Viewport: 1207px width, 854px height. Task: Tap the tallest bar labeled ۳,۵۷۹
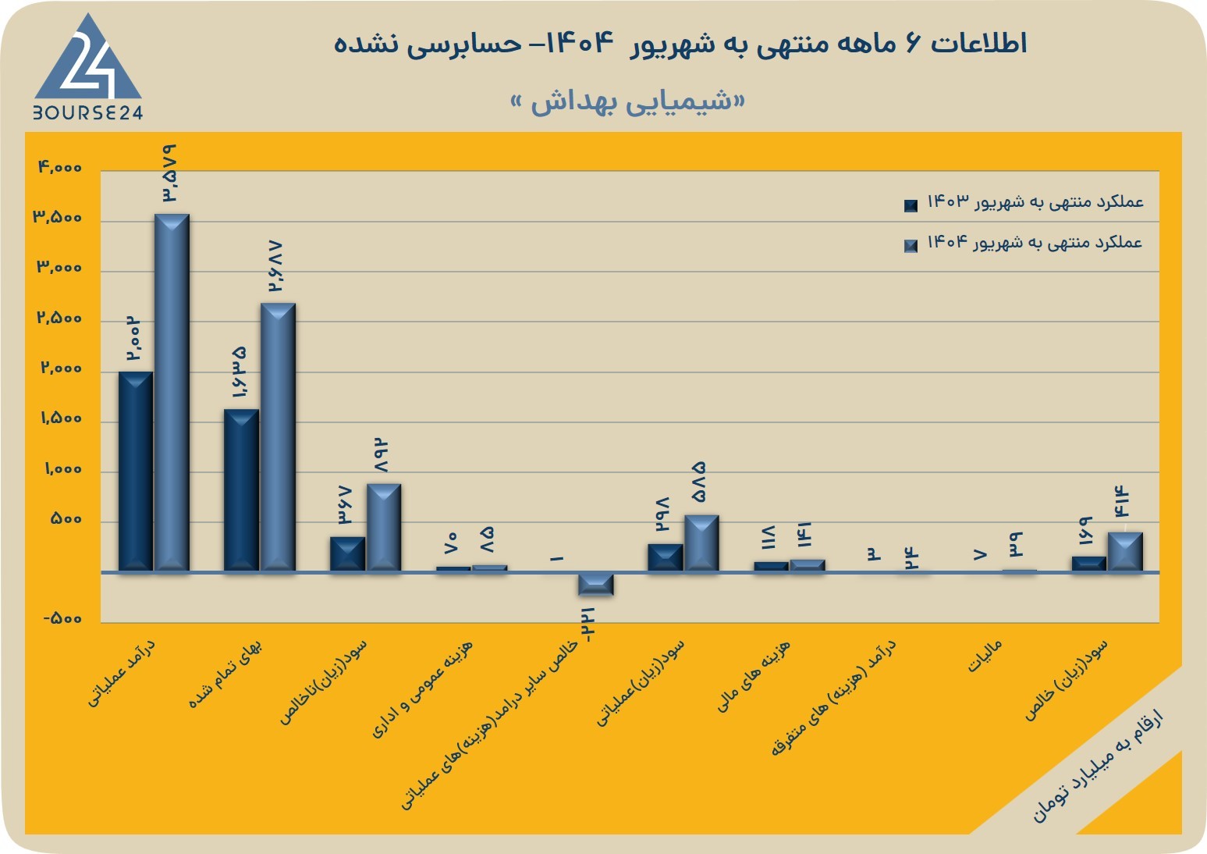pyautogui.click(x=172, y=393)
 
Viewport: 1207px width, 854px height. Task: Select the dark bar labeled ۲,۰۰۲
pyautogui.click(x=136, y=471)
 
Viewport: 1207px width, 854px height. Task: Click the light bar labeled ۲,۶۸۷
pyautogui.click(x=278, y=437)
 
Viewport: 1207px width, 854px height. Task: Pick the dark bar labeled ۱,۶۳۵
pyautogui.click(x=241, y=490)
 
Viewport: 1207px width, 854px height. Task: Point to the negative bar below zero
pyautogui.click(x=596, y=585)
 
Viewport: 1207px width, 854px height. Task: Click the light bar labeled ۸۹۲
pyautogui.click(x=384, y=527)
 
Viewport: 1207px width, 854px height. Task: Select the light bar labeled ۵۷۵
pyautogui.click(x=701, y=543)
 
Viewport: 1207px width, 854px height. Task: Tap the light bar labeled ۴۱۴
pyautogui.click(x=1125, y=552)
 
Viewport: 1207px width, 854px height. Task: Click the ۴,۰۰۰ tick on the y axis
pyautogui.click(x=60, y=168)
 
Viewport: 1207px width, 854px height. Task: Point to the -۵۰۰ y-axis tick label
pyautogui.click(x=62, y=618)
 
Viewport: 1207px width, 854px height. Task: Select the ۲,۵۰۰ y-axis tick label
pyautogui.click(x=59, y=318)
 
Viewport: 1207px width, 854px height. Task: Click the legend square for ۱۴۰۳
pyautogui.click(x=911, y=205)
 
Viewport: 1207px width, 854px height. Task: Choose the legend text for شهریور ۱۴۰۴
pyautogui.click(x=1035, y=243)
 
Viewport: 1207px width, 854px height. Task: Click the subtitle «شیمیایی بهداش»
pyautogui.click(x=628, y=102)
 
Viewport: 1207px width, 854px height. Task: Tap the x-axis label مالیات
pyautogui.click(x=985, y=656)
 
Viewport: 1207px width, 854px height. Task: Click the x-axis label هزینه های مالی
pyautogui.click(x=753, y=676)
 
